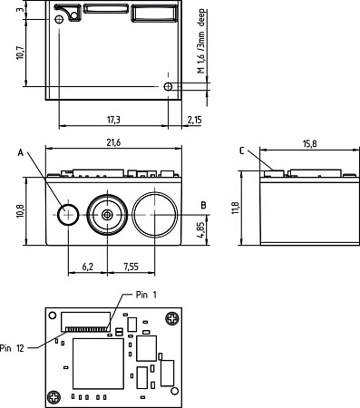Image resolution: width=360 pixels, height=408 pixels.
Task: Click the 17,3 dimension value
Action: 113,120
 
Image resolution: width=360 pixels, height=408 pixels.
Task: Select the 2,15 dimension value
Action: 194,120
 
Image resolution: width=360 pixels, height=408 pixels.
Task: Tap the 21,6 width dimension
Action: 113,142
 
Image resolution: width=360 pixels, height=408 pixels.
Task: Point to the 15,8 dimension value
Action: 310,144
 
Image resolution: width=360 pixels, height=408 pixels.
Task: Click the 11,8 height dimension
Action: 236,209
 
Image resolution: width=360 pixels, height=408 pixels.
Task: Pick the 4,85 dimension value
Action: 201,230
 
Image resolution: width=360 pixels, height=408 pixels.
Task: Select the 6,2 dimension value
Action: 88,267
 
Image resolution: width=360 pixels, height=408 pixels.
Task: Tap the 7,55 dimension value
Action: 131,267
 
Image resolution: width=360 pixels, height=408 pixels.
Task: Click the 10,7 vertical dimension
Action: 21,53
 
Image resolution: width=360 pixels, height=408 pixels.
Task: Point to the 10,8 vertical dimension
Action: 21,211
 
